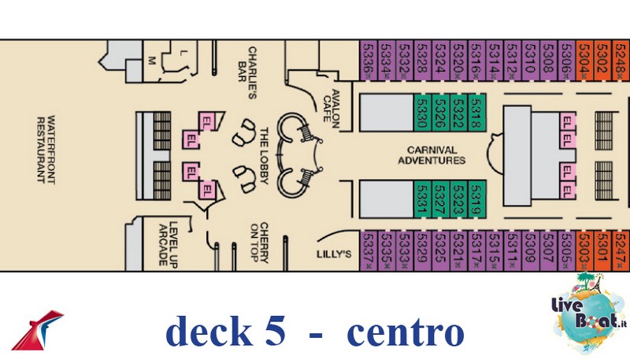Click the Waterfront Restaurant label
pos(46,149)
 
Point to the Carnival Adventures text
pos(437,154)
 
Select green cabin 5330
pos(421,113)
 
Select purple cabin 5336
pos(368,59)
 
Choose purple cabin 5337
pos(368,251)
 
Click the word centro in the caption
pos(405,332)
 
